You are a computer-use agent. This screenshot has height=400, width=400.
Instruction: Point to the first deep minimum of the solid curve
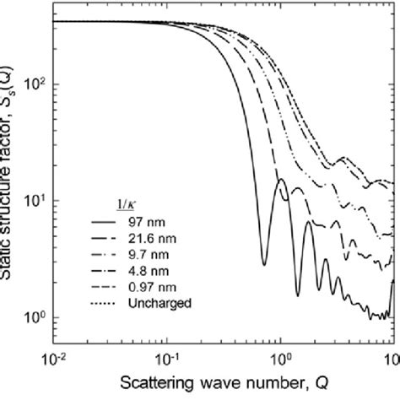tap(264, 264)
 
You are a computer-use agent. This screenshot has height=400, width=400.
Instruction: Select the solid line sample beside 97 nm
tap(106, 222)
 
